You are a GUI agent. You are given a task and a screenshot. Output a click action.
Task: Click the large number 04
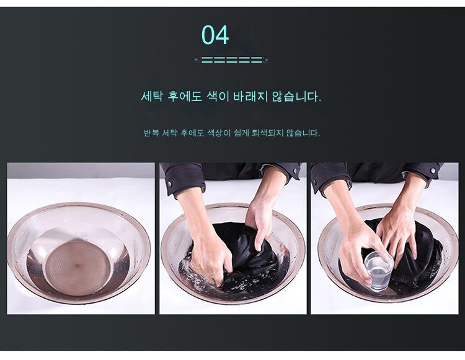(215, 35)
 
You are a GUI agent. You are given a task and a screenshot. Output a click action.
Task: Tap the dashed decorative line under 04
(231, 60)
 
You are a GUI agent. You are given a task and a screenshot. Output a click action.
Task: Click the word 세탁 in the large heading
(152, 97)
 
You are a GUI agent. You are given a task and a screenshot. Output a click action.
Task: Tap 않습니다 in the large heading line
(296, 97)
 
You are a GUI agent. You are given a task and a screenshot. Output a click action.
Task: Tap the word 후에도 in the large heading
(185, 97)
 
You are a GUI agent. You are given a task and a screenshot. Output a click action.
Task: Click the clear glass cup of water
(379, 270)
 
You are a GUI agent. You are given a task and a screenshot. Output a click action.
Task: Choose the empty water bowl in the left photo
(79, 252)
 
